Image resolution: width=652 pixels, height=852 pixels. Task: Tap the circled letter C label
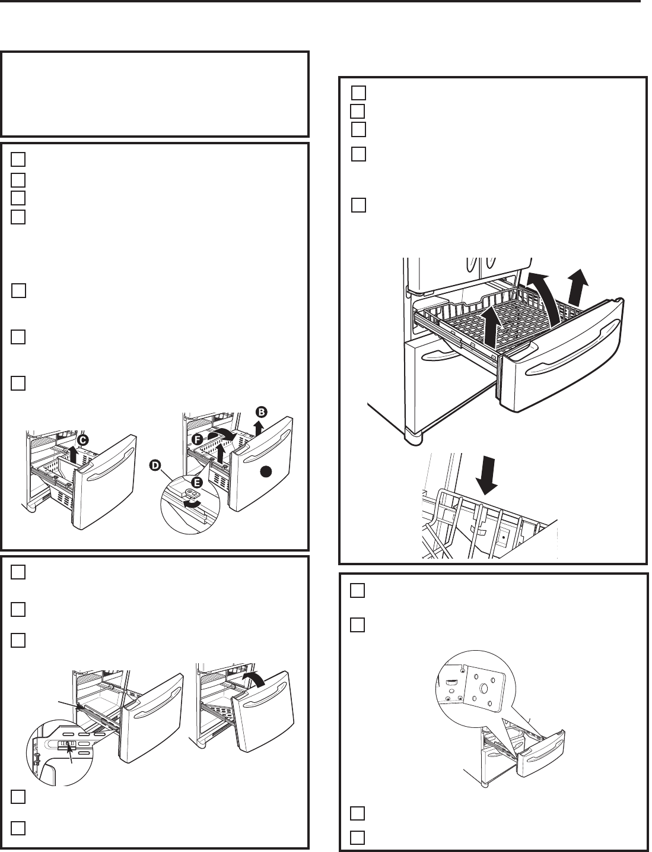tap(83, 440)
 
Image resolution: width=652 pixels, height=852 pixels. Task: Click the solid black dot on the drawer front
tap(266, 471)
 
